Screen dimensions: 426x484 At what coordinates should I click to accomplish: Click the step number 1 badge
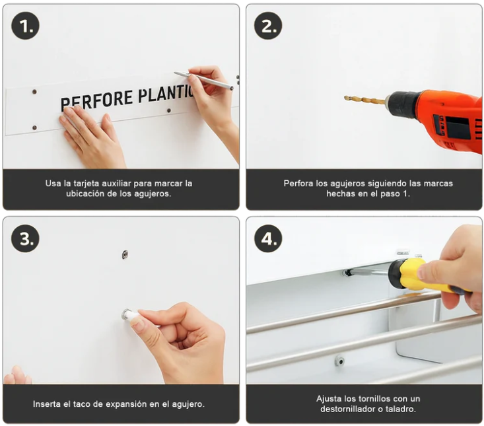25,26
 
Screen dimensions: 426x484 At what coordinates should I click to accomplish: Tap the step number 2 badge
268,26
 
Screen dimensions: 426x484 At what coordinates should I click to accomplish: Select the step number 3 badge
25,238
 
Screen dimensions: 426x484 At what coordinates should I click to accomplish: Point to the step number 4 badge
268,238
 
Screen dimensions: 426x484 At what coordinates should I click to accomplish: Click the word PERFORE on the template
96,100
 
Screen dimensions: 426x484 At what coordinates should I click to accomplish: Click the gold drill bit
364,100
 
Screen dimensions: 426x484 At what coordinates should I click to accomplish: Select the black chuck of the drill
403,104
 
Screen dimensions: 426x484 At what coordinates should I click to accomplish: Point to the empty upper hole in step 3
125,254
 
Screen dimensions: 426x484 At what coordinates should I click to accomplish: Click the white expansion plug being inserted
130,315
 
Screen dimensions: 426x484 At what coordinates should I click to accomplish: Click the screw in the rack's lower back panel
339,361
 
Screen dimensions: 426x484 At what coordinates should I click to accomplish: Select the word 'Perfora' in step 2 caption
298,183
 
